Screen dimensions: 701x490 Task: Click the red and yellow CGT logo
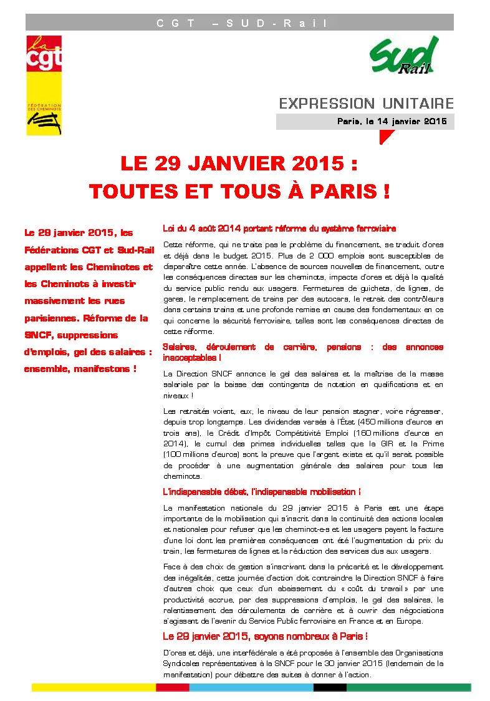coord(44,84)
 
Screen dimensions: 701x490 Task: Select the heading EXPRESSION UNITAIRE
coord(366,103)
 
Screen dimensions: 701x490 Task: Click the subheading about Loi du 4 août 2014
coord(279,229)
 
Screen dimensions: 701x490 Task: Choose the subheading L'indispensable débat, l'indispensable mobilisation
coord(261,492)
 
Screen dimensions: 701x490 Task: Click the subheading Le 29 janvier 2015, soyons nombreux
coord(264,636)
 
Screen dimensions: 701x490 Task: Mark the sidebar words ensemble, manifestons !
coord(80,369)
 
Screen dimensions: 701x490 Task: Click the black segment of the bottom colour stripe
coord(329,688)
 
